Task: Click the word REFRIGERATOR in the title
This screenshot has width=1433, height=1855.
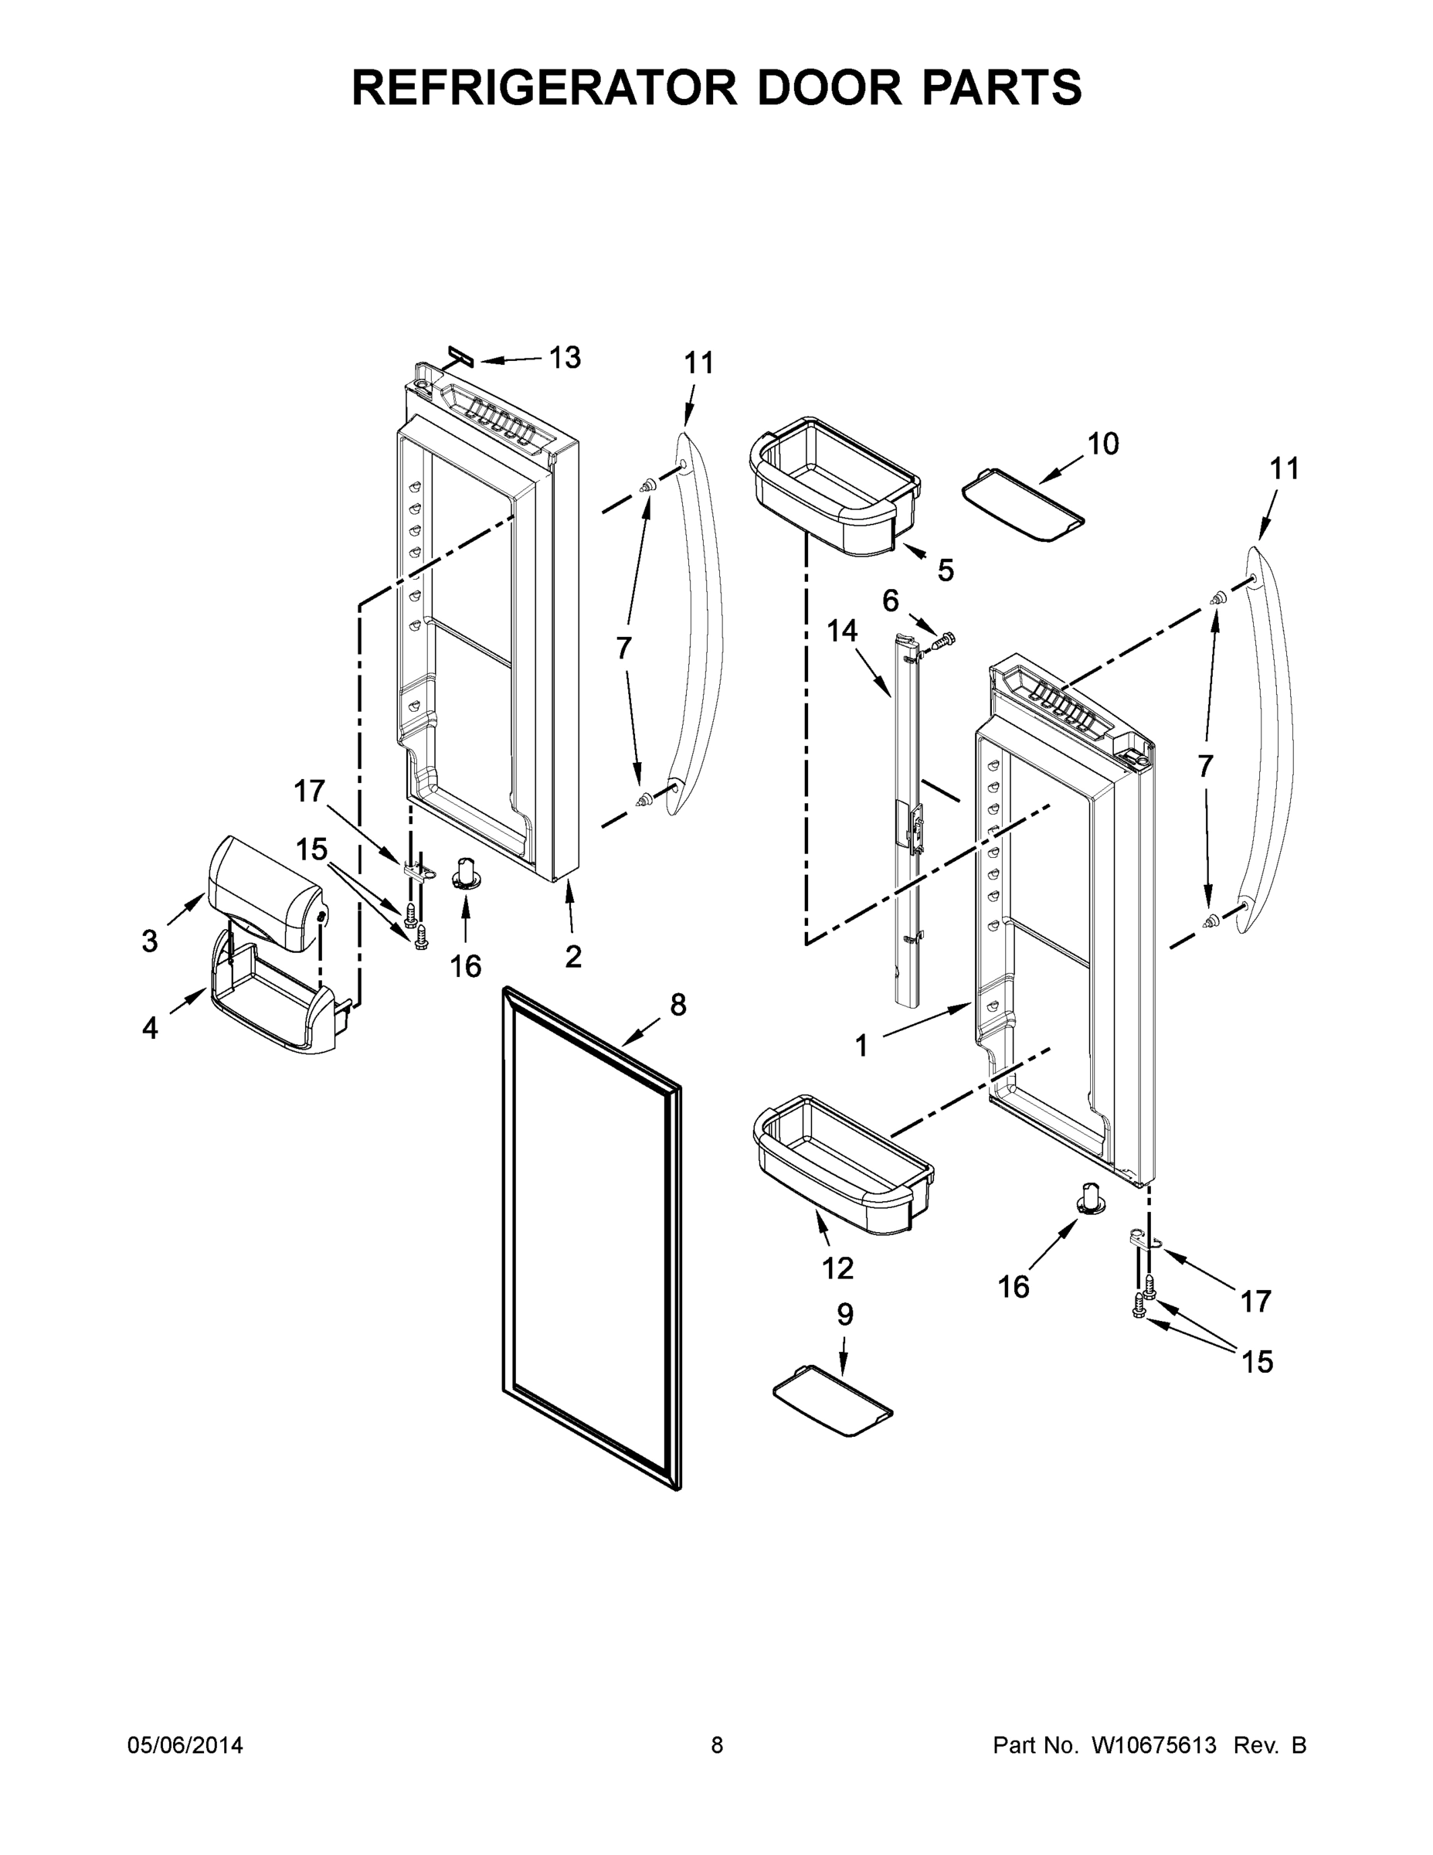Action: click(543, 87)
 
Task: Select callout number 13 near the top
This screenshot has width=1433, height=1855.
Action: click(565, 358)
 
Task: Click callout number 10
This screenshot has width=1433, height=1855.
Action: click(1103, 444)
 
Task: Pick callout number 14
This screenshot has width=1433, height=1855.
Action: click(842, 631)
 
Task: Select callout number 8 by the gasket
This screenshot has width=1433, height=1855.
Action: click(677, 1004)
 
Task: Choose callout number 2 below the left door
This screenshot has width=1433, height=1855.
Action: click(573, 956)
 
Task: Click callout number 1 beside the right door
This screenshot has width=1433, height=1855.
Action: click(861, 1047)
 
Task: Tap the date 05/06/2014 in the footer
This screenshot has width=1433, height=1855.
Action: click(185, 1744)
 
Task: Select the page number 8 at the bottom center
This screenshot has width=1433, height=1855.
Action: click(717, 1744)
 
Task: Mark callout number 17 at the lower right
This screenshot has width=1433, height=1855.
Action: click(1255, 1300)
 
